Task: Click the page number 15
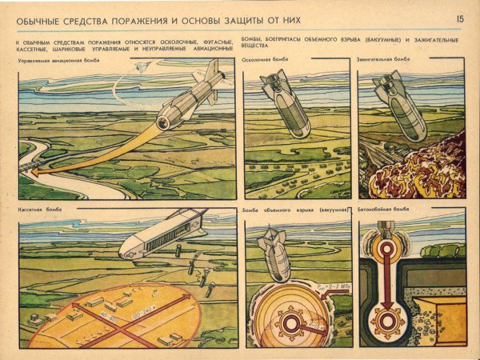point(459,18)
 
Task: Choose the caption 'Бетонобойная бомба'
point(384,210)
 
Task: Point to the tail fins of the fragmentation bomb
point(272,80)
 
